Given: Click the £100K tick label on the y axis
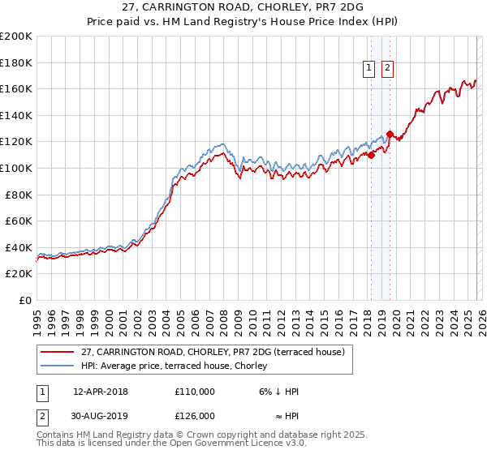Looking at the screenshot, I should pos(16,168).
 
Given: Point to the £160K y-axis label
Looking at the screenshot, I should pos(16,88).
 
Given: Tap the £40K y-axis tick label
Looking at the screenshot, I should pos(19,247).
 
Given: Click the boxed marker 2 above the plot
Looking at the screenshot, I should pos(388,69).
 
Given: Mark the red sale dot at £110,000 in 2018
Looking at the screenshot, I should pos(371,155).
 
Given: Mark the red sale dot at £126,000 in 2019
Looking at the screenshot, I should pos(390,134).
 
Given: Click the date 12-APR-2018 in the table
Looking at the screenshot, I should pos(101,392).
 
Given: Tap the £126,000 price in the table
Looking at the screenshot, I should pos(195,416).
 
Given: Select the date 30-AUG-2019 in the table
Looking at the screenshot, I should pos(101,416).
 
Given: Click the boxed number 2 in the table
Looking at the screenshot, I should pos(42,416).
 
